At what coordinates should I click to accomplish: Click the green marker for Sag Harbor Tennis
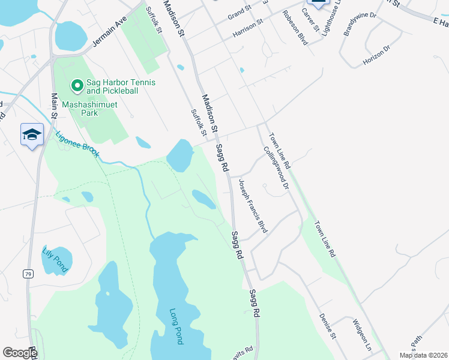point(77,86)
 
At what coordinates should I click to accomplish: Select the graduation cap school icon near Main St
point(32,134)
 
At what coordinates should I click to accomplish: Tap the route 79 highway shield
point(28,274)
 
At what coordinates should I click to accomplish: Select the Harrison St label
point(248,26)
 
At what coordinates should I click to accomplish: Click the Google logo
point(20,353)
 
